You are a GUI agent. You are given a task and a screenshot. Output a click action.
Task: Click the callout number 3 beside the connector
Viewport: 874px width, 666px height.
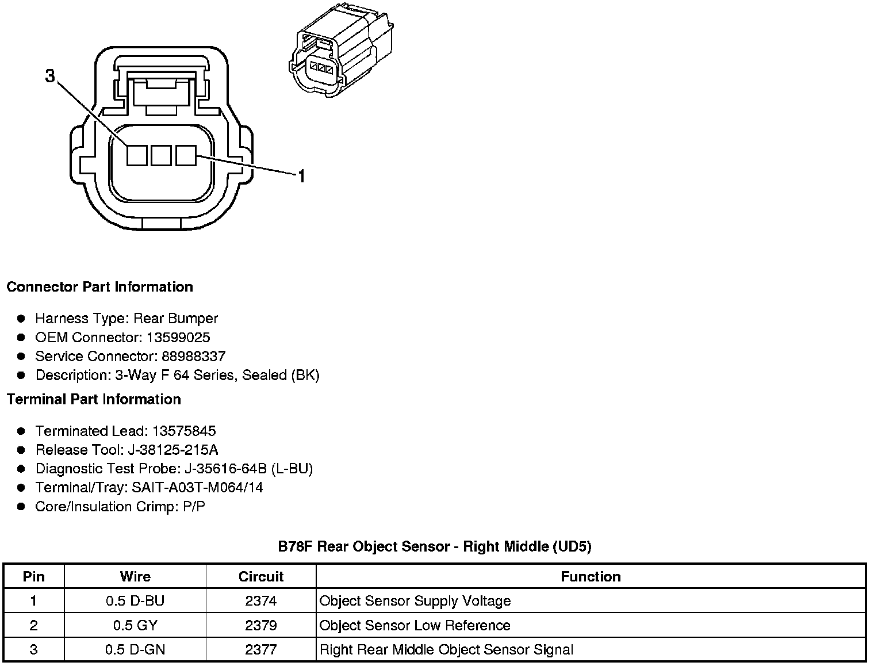click(x=51, y=76)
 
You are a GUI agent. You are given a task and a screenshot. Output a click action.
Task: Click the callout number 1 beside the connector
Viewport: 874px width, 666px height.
click(x=301, y=175)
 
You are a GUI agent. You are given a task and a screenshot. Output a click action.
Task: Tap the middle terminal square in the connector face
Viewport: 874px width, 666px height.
click(x=161, y=155)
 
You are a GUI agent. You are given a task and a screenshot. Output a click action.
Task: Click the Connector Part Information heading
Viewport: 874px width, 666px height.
click(x=99, y=287)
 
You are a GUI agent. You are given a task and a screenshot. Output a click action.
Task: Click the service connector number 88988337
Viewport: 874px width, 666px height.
click(x=193, y=356)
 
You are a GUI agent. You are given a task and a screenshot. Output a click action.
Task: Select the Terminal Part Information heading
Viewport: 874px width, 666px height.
click(x=94, y=399)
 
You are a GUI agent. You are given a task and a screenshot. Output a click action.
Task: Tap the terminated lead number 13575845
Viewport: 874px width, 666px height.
click(x=184, y=431)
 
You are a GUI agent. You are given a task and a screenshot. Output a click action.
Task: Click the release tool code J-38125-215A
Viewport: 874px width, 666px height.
click(x=176, y=450)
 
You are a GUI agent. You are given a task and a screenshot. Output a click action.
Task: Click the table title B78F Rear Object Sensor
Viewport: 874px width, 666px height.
click(x=434, y=546)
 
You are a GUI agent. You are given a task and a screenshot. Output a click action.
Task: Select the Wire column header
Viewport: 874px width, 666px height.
click(x=135, y=576)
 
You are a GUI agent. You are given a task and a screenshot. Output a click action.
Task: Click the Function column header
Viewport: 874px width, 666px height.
click(x=591, y=576)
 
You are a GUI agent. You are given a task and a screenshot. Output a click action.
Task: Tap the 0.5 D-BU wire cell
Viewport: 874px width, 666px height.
click(x=135, y=601)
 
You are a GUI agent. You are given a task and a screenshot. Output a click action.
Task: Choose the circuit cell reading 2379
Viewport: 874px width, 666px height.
click(x=260, y=625)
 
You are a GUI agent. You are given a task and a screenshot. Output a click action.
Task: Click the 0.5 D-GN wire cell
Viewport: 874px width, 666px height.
click(x=135, y=650)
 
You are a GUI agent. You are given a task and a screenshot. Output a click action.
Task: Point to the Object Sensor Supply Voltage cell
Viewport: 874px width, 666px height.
click(x=415, y=601)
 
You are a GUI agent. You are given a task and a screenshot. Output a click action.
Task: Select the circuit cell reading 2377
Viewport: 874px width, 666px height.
click(x=260, y=650)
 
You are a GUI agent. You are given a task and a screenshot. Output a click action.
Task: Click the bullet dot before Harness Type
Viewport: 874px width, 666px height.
click(x=21, y=318)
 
